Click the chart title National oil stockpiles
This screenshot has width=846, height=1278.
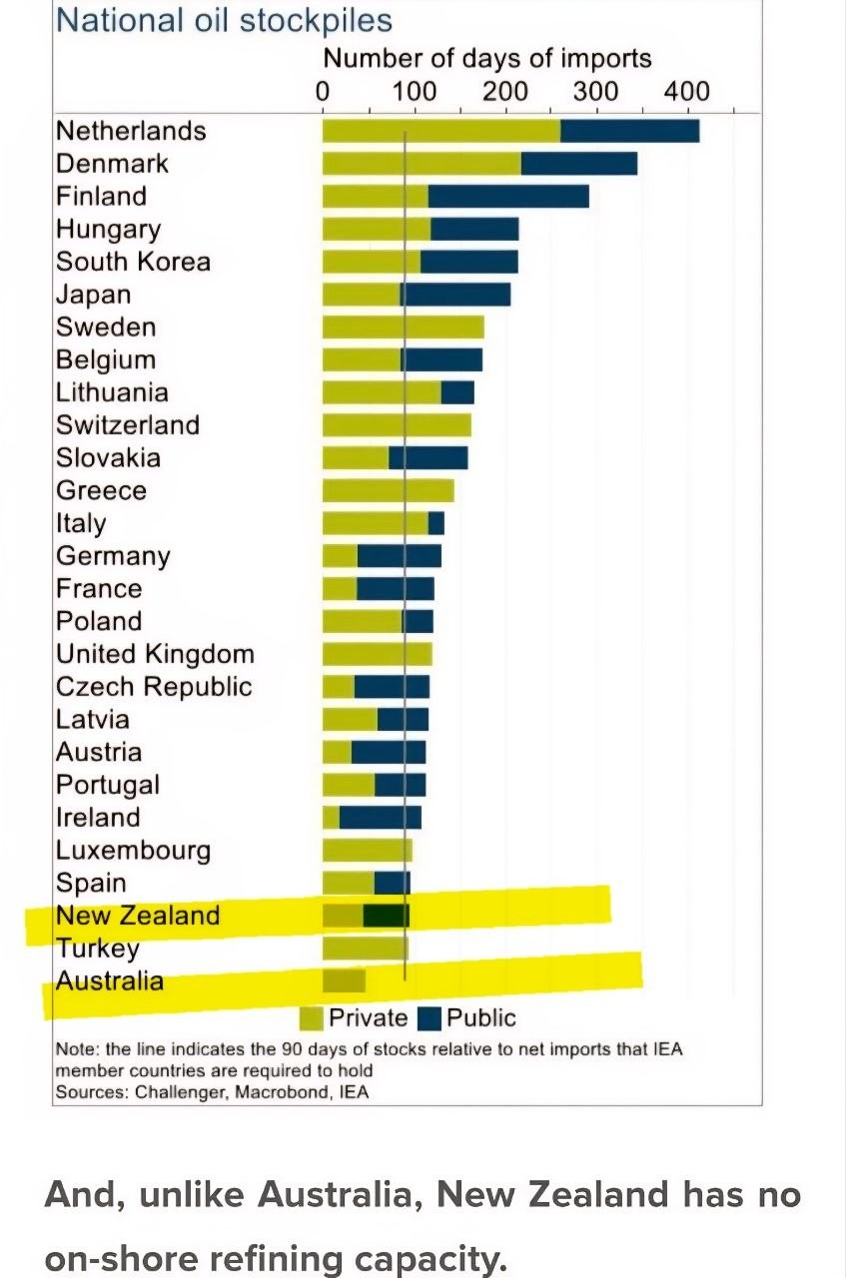[x=224, y=20]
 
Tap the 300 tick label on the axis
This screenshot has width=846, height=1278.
[x=596, y=92]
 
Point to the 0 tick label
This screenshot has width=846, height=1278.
[x=323, y=92]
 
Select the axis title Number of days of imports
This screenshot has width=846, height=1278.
[x=487, y=59]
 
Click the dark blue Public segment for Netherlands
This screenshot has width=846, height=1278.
[x=629, y=131]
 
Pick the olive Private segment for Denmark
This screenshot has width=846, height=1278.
[x=422, y=164]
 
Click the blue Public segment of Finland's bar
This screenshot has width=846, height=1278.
[x=508, y=197]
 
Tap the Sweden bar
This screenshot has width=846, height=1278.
[x=403, y=327]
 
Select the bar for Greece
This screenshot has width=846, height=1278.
[x=388, y=491]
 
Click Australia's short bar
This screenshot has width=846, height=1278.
[x=344, y=980]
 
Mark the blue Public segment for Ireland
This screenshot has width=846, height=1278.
[x=380, y=818]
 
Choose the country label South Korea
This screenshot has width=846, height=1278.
[x=133, y=262]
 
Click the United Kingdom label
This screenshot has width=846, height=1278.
[x=155, y=655]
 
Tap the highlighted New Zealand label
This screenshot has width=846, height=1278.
[x=138, y=916]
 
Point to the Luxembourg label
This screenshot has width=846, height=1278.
[x=133, y=851]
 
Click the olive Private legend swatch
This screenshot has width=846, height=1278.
[x=312, y=1018]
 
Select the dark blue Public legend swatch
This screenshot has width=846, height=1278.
[x=429, y=1018]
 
